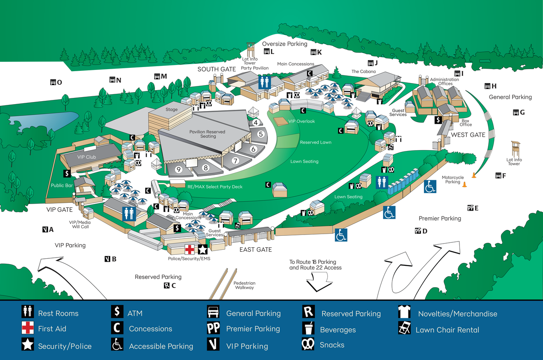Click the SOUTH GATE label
(217, 69)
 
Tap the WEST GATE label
(468, 135)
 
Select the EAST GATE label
(256, 250)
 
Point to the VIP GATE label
(59, 210)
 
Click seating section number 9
(179, 169)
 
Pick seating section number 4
(256, 122)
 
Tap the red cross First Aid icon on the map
(189, 249)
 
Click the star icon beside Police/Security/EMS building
(203, 249)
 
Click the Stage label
(171, 110)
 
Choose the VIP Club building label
(86, 157)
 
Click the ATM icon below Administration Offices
(438, 120)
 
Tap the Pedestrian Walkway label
(245, 285)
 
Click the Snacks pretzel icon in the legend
(308, 344)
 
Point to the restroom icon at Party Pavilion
(264, 82)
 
